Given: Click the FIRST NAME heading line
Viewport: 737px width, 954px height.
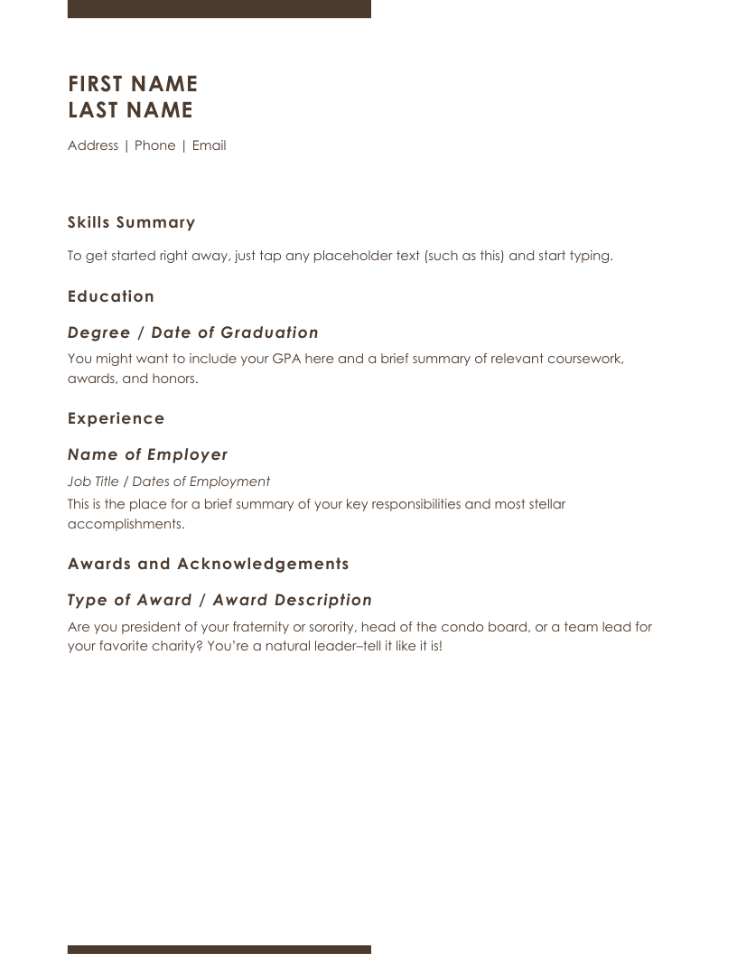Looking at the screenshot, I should (133, 84).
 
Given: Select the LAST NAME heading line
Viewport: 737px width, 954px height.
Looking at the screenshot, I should (130, 110).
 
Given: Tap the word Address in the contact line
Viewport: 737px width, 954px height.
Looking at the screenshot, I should (93, 145).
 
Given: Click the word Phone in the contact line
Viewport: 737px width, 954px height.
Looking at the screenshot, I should (155, 145).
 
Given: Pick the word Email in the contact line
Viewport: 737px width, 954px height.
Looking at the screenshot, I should (209, 145).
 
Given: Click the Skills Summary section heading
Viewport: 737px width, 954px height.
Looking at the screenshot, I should (132, 222).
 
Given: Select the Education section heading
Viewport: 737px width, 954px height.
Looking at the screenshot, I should (111, 296).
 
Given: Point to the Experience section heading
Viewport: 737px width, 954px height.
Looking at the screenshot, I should (117, 418).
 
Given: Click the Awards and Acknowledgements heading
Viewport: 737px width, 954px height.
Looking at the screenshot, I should (209, 564).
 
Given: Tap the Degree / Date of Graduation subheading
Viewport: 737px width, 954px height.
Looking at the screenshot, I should (193, 332).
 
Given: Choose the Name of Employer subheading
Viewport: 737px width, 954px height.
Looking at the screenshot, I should (148, 454).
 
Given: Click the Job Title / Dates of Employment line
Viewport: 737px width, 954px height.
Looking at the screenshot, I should (169, 482).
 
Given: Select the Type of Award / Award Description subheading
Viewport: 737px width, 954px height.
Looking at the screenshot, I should (219, 600).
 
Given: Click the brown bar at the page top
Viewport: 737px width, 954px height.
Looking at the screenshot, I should (219, 8).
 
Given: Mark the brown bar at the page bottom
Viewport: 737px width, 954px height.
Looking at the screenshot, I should (219, 949).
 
